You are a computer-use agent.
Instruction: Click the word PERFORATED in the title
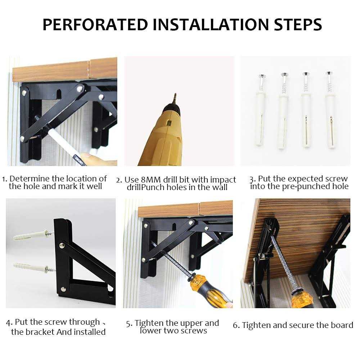coord(94,24)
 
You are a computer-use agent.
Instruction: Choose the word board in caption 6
coord(342,325)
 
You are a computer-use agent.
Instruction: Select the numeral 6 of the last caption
coord(235,325)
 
